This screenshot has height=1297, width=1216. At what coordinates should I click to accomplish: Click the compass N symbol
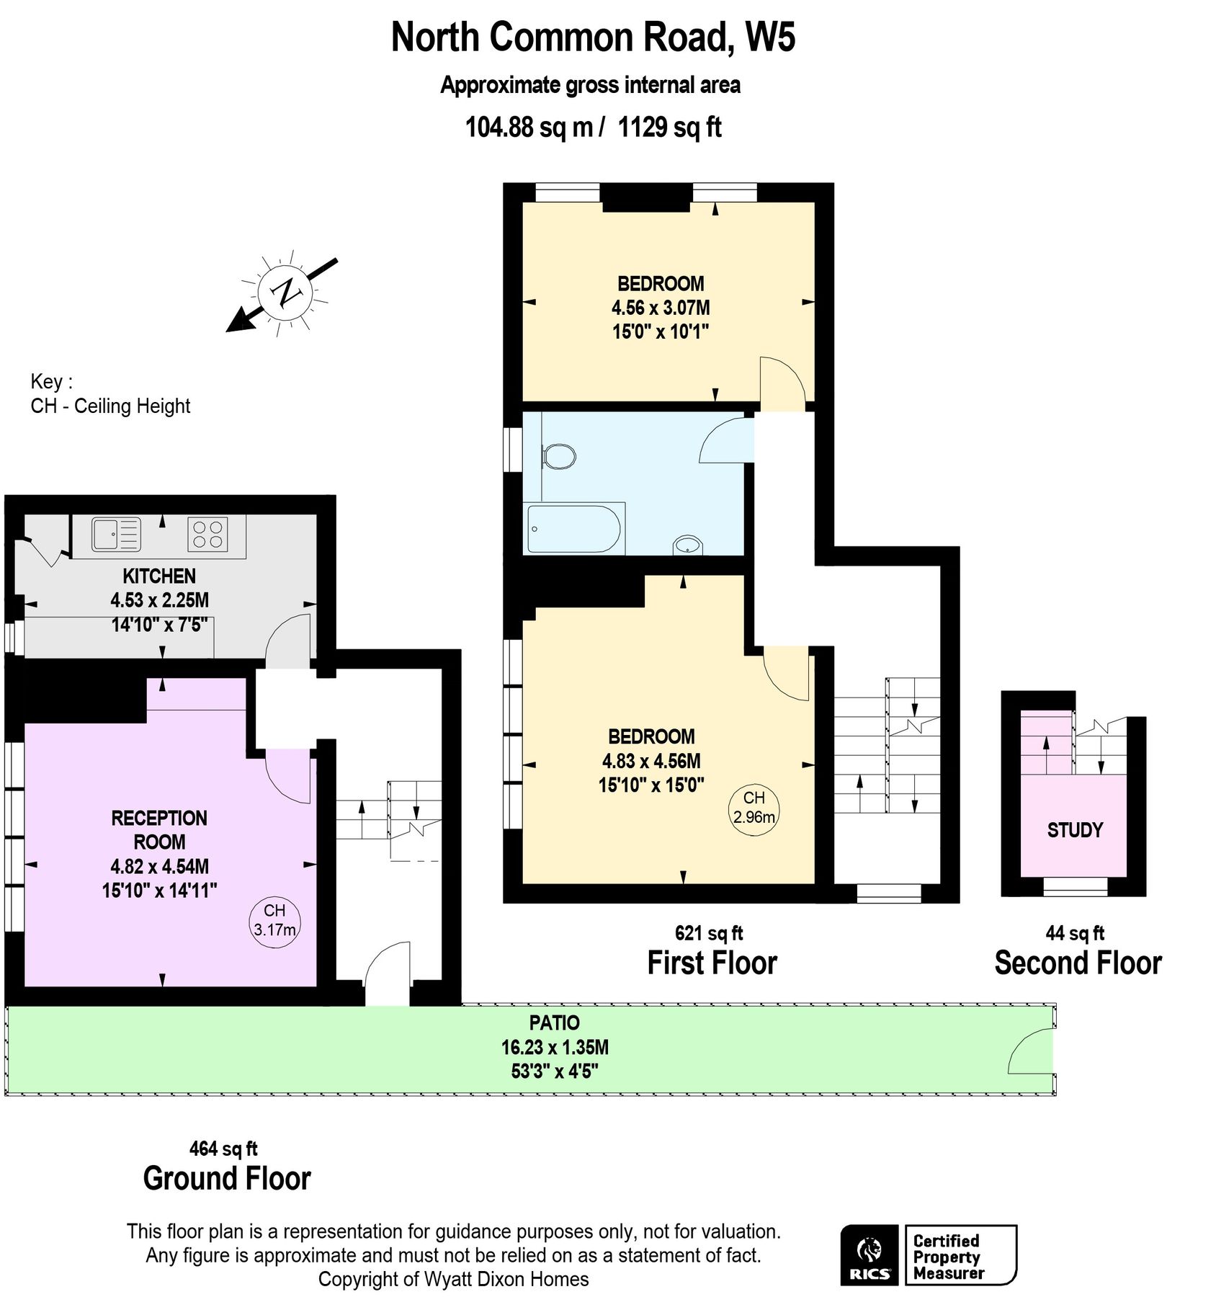[x=285, y=292]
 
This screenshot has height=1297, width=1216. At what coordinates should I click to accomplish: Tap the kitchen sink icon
[x=115, y=535]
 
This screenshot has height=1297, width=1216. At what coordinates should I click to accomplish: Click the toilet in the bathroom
[x=558, y=456]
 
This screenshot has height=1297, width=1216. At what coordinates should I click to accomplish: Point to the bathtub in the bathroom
[x=573, y=529]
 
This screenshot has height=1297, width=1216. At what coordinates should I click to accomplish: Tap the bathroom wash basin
[x=687, y=545]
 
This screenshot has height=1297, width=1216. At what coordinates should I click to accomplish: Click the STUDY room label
[x=1074, y=830]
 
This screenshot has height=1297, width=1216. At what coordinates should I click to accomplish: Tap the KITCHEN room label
[x=159, y=576]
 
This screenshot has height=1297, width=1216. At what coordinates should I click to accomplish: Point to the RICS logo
[x=869, y=1254]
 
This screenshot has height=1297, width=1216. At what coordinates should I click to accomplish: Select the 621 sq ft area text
[x=708, y=933]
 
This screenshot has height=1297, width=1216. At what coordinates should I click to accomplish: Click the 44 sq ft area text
[x=1074, y=933]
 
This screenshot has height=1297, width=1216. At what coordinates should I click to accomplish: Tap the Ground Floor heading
[x=227, y=1178]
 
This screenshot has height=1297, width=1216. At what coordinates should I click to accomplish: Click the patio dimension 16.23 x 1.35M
[x=555, y=1047]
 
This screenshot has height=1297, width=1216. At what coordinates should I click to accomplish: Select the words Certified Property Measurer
[x=947, y=1257]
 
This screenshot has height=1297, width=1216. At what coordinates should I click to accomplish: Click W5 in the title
[x=770, y=37]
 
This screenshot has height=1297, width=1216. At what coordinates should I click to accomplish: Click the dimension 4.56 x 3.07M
[x=661, y=308]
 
